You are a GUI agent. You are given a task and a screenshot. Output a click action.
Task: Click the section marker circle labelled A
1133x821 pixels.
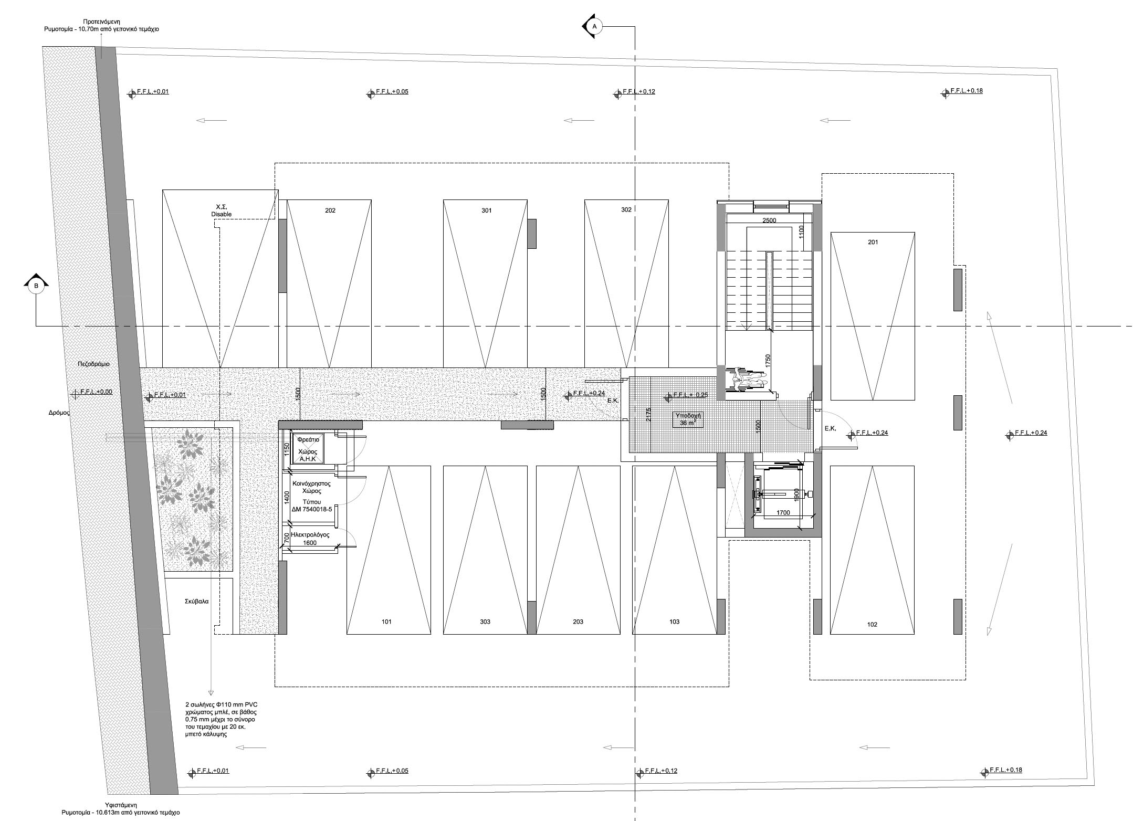595,26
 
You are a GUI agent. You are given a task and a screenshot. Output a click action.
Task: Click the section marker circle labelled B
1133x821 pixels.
36,286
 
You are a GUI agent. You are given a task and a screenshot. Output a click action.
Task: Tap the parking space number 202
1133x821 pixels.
330,210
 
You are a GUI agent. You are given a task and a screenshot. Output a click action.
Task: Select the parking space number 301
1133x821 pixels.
486,210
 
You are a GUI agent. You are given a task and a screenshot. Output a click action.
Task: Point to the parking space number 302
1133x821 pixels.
626,209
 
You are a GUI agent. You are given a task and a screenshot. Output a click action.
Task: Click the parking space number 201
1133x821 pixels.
873,242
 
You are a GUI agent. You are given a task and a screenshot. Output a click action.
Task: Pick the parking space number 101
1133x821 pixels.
386,622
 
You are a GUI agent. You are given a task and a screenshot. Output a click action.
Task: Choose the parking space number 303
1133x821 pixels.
485,622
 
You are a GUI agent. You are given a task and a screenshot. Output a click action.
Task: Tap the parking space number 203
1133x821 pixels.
578,622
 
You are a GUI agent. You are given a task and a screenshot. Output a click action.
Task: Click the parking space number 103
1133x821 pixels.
674,622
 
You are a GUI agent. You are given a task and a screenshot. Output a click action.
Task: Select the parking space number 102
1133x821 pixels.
873,625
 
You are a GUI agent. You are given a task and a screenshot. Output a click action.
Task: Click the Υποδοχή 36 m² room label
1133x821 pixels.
688,419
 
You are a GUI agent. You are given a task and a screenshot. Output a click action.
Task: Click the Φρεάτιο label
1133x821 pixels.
308,440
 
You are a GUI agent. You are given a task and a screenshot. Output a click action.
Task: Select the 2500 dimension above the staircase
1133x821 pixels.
769,220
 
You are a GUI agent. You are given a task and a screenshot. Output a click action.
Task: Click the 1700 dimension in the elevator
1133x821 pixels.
782,513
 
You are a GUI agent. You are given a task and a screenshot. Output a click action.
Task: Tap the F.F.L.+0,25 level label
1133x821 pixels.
690,395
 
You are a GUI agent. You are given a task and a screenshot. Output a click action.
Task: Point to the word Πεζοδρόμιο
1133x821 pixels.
93,364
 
